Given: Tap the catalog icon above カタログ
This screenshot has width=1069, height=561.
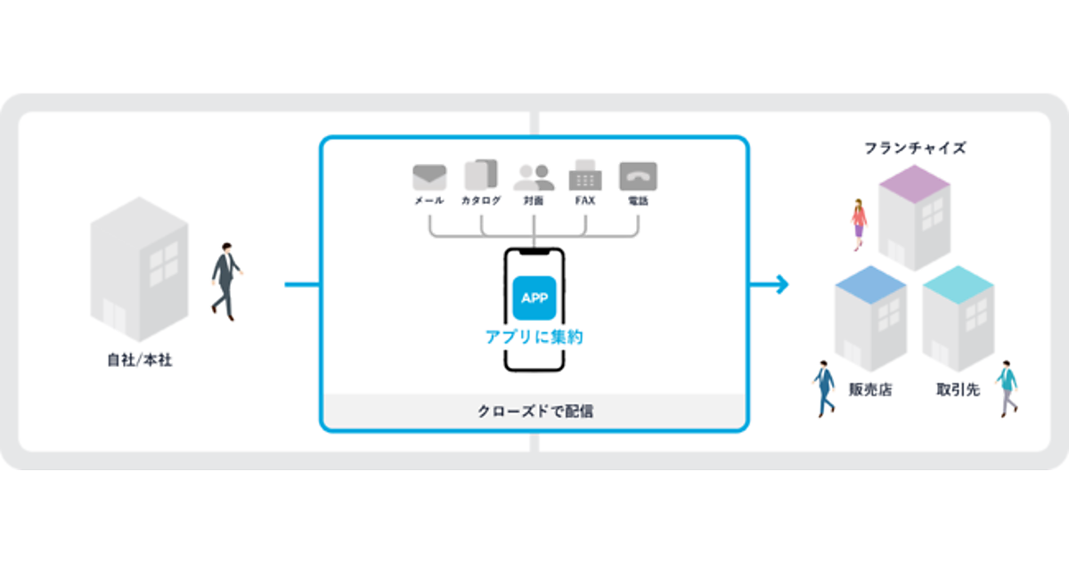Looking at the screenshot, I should [x=481, y=175].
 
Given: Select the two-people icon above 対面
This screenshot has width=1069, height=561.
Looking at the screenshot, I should [x=534, y=176].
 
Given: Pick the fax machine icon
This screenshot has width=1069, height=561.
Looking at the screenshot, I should [x=585, y=175].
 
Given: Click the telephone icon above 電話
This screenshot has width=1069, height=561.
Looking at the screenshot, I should [x=638, y=176].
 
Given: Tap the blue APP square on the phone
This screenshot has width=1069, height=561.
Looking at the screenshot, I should [x=534, y=298].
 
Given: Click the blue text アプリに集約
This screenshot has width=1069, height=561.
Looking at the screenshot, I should [x=534, y=337].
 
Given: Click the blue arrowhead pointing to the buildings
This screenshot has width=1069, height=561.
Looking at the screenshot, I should [x=781, y=285].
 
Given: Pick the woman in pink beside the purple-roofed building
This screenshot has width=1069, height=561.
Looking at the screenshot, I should [x=858, y=224].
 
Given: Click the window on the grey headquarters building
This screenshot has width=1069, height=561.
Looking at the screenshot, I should [x=163, y=262].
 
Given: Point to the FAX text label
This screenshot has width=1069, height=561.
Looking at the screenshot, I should [x=585, y=201].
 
